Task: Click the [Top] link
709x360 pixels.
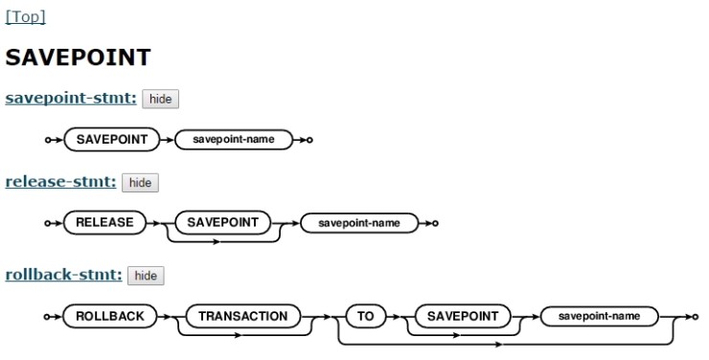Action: click(26, 16)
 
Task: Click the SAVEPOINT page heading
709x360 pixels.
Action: click(78, 57)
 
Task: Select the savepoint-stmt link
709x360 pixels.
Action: click(71, 98)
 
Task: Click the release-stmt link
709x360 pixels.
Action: click(60, 181)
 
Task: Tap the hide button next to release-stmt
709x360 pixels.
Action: click(140, 182)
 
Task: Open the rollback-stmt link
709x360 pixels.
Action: click(63, 275)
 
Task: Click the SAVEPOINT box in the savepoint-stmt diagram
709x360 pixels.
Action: click(112, 140)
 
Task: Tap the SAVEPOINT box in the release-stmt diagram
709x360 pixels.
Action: click(222, 222)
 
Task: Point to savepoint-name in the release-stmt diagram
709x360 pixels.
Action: click(358, 223)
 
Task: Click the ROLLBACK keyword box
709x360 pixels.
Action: click(105, 316)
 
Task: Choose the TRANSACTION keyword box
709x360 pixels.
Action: click(242, 316)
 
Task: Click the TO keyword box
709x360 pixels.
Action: click(365, 316)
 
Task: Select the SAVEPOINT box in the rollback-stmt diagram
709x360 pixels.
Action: click(458, 316)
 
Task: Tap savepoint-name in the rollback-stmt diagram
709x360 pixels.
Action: click(599, 316)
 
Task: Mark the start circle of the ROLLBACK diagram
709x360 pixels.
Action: click(47, 316)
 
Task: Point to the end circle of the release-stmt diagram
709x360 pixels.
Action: click(435, 223)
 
